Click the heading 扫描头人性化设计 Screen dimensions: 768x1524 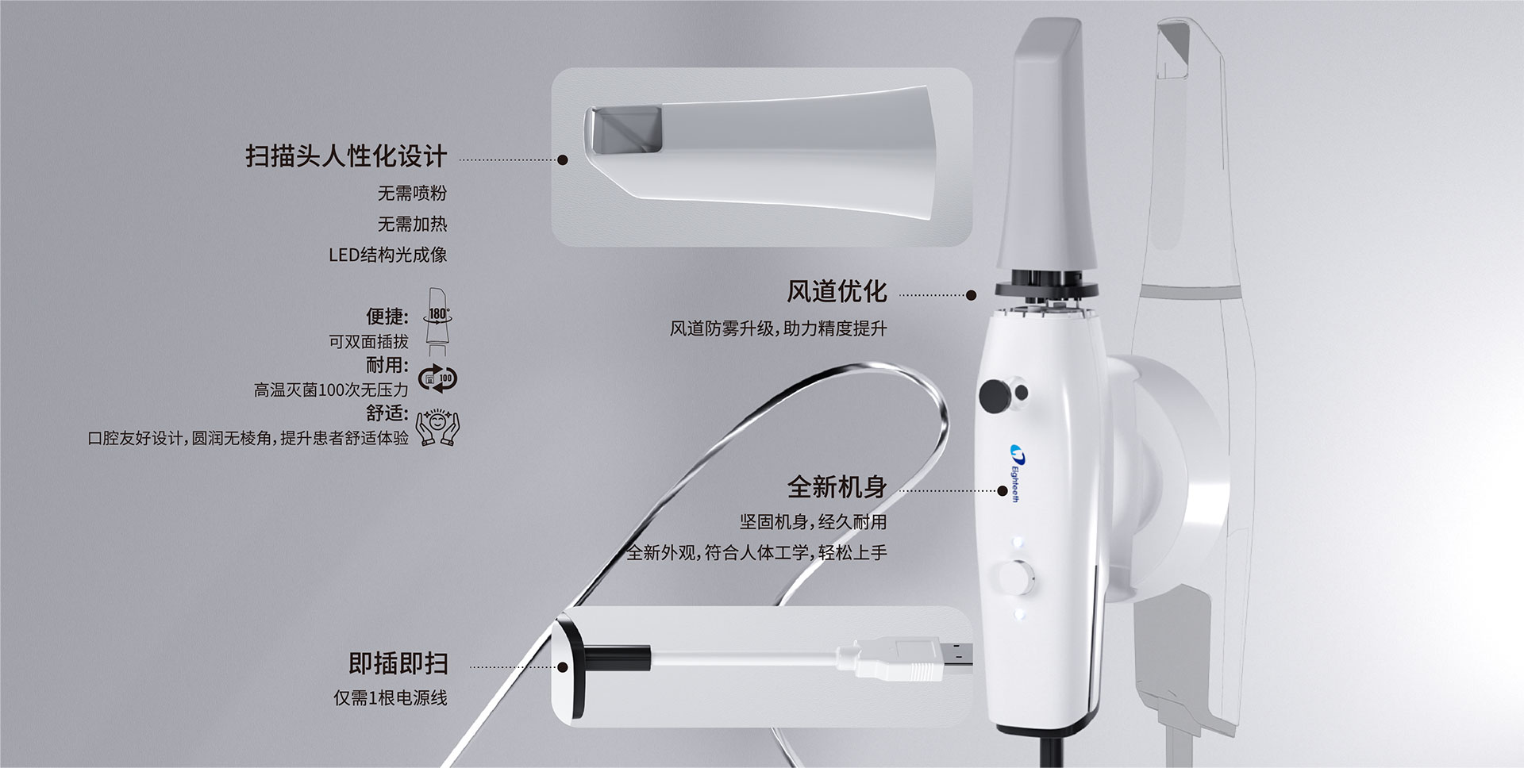[x=346, y=156]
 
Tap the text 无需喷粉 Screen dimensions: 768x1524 [x=412, y=193]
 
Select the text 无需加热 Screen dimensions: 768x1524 [x=412, y=225]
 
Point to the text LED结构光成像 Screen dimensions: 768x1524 [x=387, y=255]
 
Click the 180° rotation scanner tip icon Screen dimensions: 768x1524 [x=438, y=321]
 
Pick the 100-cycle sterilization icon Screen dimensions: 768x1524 [x=437, y=378]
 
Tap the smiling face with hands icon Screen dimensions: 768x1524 [x=438, y=427]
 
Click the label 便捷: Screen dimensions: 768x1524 [x=387, y=317]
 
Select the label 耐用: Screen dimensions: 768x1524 [x=387, y=365]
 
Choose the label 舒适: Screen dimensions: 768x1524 [x=387, y=413]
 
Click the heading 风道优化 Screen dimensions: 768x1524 [x=837, y=291]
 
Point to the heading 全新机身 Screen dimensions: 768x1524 [x=837, y=486]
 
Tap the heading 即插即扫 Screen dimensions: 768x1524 [x=398, y=663]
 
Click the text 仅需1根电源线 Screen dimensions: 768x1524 [x=390, y=698]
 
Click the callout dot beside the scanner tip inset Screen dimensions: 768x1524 [x=563, y=159]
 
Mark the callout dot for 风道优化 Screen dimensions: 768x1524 [x=970, y=295]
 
